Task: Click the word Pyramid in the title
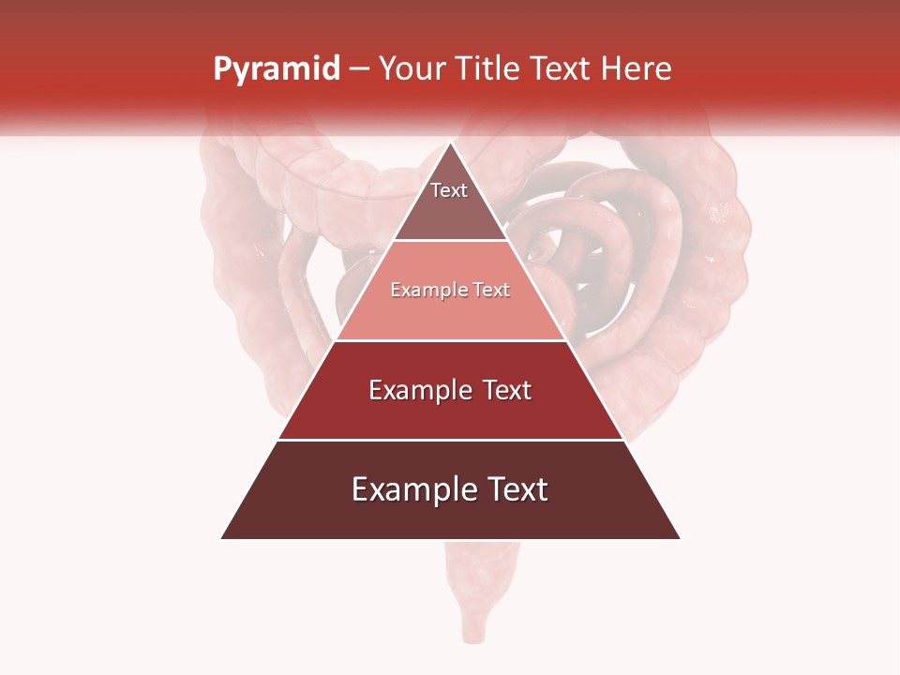click(277, 69)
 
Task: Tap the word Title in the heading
click(488, 69)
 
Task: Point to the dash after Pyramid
click(359, 69)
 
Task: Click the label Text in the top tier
click(449, 190)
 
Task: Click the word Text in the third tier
click(507, 390)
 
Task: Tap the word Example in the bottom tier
click(412, 489)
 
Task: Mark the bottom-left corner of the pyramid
click(222, 538)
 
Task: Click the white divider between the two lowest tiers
click(450, 440)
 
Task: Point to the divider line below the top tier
click(450, 241)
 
